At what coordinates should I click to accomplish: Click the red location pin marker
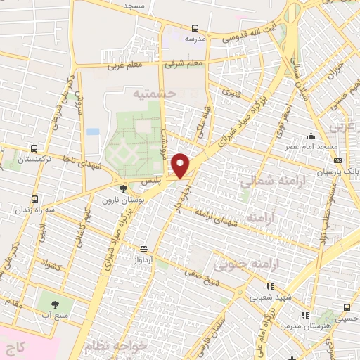(x=181, y=165)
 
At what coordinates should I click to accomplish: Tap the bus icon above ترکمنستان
(x=34, y=148)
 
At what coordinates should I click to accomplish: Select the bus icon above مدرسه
(x=195, y=29)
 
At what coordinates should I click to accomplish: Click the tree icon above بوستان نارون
(x=124, y=188)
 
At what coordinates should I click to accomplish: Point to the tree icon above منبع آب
(x=56, y=304)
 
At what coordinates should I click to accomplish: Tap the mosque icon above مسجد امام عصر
(x=310, y=136)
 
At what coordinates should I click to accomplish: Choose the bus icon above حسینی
(x=347, y=307)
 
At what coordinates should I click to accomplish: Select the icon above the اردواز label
(x=143, y=249)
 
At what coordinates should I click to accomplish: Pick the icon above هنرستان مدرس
(x=304, y=316)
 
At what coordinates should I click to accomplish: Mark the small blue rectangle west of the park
(x=93, y=131)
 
